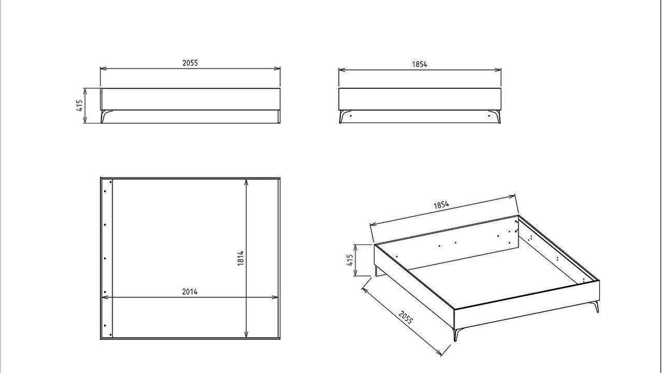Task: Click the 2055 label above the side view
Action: [190, 63]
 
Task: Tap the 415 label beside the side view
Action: [80, 105]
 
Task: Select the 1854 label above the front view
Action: [420, 64]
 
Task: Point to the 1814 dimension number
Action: [241, 258]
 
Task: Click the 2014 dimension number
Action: [190, 292]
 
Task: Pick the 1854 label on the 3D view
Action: [441, 205]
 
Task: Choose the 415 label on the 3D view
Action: [350, 260]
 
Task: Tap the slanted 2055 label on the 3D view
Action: [406, 317]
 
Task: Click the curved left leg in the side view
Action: [106, 116]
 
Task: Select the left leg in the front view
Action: [343, 117]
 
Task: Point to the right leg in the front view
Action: [497, 117]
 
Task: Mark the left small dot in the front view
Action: [351, 116]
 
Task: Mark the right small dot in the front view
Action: [489, 116]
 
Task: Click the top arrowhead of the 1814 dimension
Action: [246, 182]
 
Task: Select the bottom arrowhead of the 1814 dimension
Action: [246, 335]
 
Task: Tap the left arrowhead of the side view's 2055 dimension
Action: [103, 69]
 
